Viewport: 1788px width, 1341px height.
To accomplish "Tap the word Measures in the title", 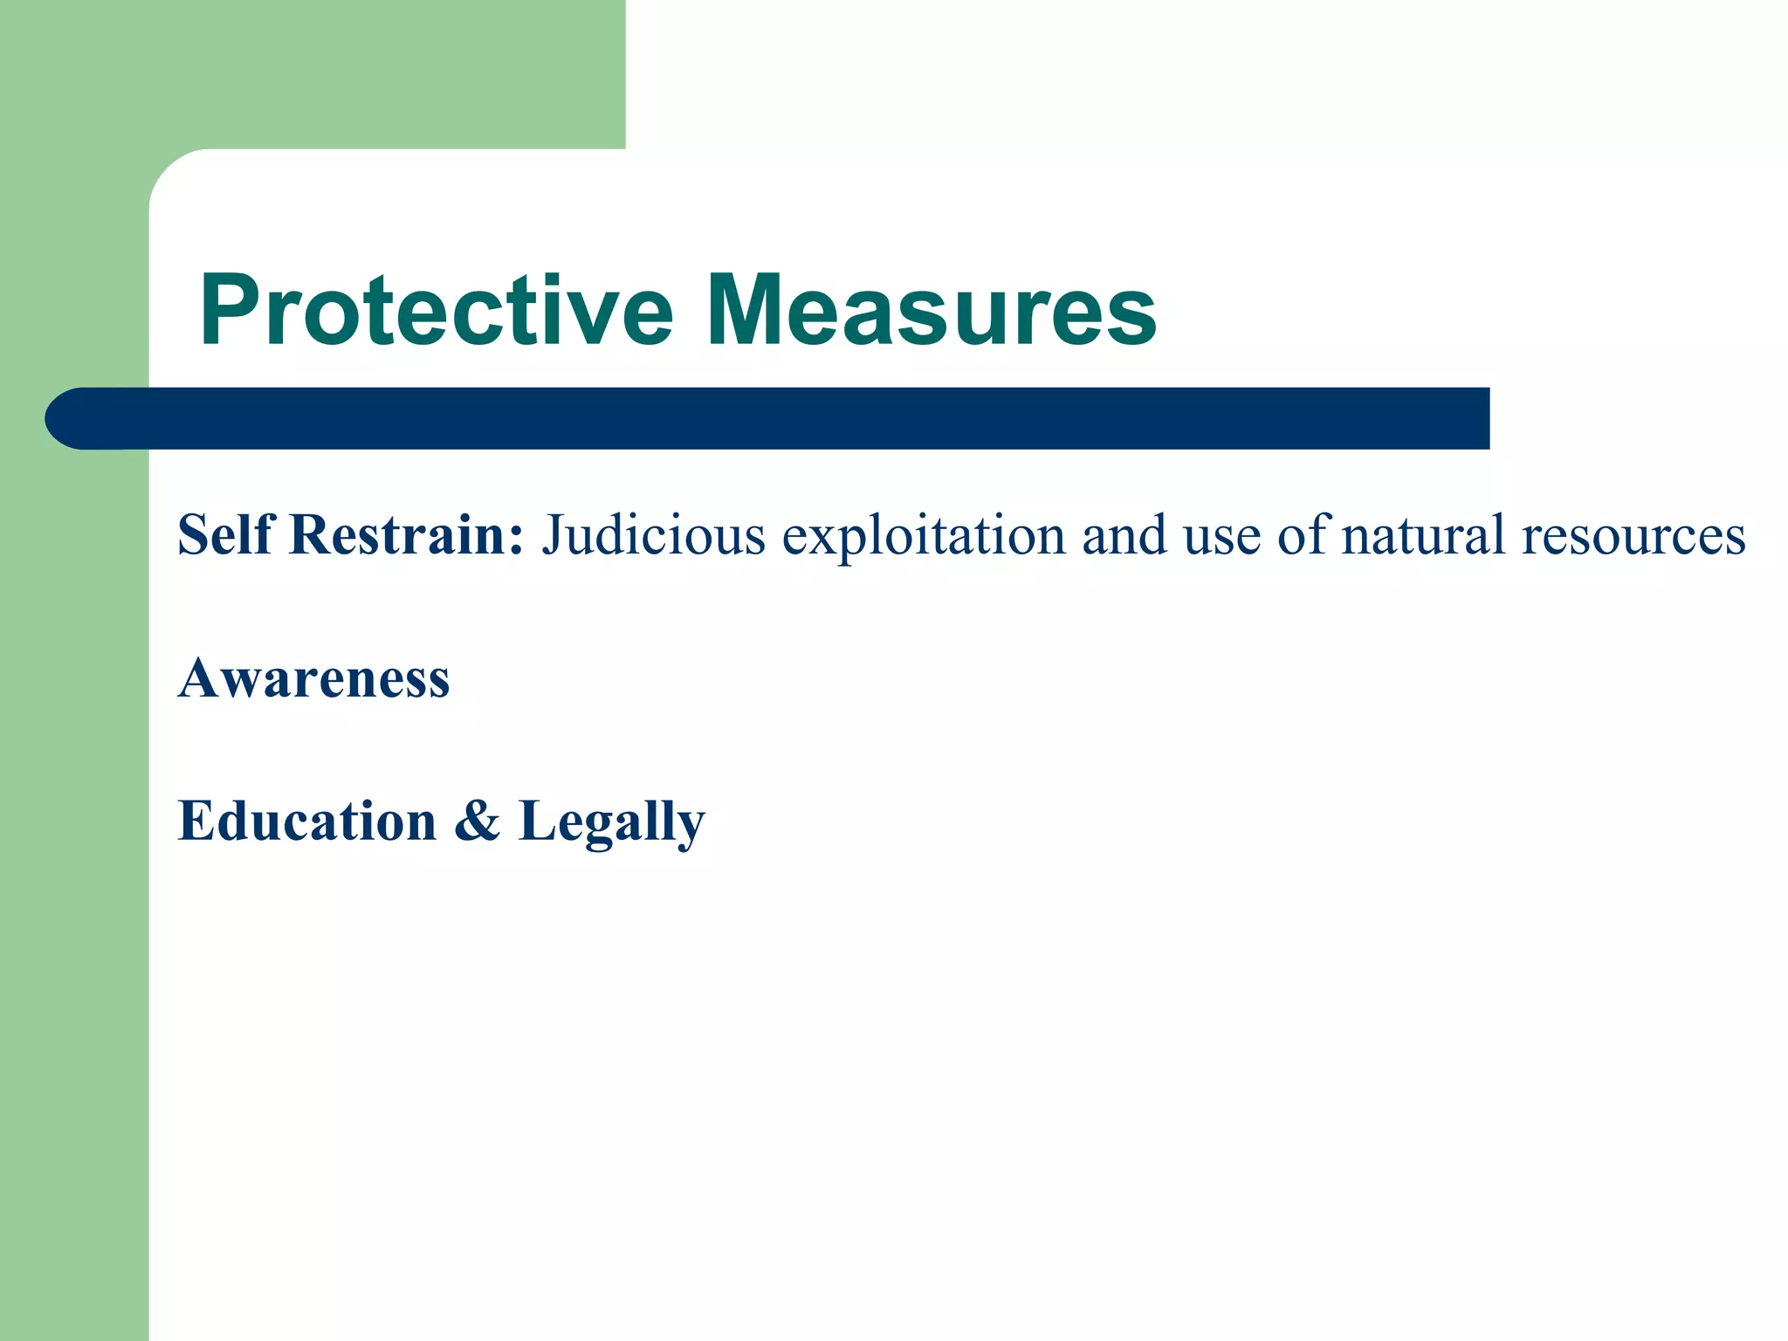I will pyautogui.click(x=932, y=311).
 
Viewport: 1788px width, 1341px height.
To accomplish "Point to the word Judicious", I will pyautogui.click(x=653, y=533).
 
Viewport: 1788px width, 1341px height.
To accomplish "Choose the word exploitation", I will pyautogui.click(x=924, y=533).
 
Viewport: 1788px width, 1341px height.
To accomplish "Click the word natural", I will pyautogui.click(x=1423, y=533).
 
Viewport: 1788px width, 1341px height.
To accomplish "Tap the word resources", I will pyautogui.click(x=1633, y=533).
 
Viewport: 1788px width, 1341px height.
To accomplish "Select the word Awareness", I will pyautogui.click(x=314, y=677).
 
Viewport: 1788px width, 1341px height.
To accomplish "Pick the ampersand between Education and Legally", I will pyautogui.click(x=478, y=821).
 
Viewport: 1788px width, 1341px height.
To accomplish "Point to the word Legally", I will pyautogui.click(x=611, y=821).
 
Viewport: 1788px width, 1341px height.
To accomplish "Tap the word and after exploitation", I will pyautogui.click(x=1124, y=533).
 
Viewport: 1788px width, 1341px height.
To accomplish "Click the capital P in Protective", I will pyautogui.click(x=229, y=311).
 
